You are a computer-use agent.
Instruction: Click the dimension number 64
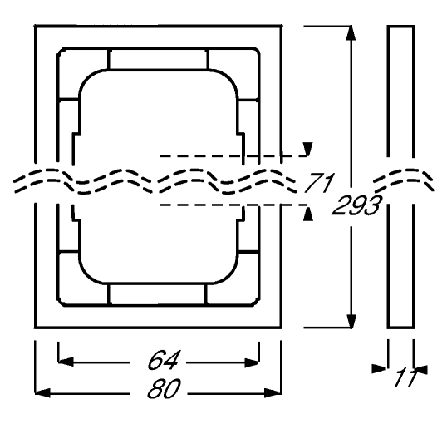(164, 360)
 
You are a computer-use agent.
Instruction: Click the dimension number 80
(164, 388)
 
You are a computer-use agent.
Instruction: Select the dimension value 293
(356, 205)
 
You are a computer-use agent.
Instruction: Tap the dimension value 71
(318, 182)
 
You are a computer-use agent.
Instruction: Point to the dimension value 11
(406, 377)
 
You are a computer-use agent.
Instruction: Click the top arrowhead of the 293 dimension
(351, 32)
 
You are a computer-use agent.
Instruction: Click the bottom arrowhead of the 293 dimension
(351, 321)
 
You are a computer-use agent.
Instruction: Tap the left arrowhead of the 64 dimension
(66, 362)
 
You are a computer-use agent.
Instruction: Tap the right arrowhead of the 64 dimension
(252, 362)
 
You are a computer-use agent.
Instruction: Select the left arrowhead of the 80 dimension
(42, 393)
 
